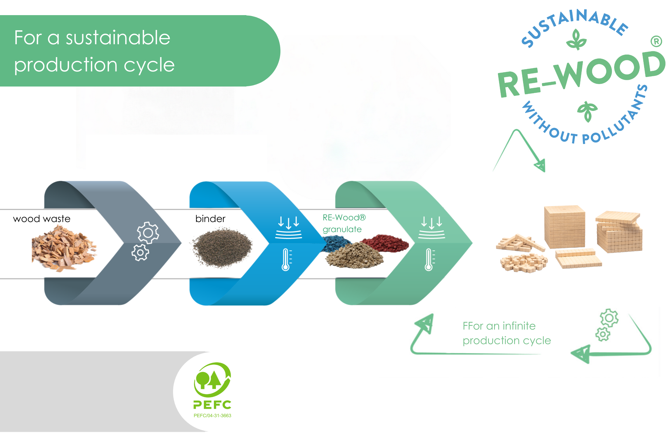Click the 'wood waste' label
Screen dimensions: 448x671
(x=42, y=219)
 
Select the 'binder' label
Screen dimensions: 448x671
(x=210, y=219)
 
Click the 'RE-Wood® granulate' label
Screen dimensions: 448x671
(x=344, y=223)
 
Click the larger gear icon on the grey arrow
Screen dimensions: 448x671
(x=148, y=233)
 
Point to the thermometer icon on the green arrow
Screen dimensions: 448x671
(x=429, y=260)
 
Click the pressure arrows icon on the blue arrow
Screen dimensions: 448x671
(x=289, y=227)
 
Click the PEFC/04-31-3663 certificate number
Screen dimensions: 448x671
(x=212, y=416)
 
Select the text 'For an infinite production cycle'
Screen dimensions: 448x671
(x=506, y=333)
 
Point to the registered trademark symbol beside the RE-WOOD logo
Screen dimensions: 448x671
(x=656, y=42)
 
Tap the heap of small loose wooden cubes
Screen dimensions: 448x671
(x=524, y=262)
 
